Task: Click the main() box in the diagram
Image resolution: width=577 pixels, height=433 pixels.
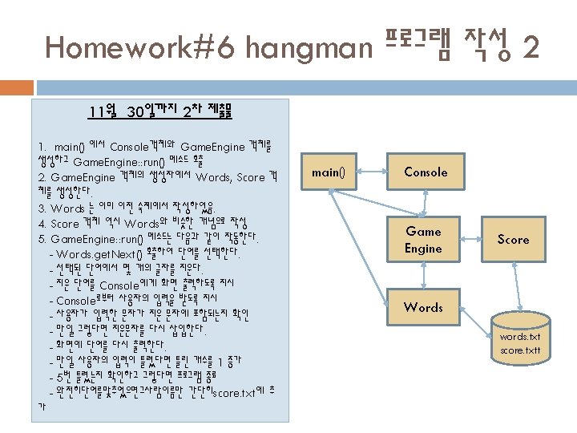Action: point(328,172)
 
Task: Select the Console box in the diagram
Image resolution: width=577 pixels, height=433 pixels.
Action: point(425,172)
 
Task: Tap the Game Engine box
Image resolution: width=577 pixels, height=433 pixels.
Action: point(423,240)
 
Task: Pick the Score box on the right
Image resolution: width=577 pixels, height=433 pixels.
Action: point(513,240)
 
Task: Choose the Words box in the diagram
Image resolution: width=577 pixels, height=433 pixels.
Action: point(423,307)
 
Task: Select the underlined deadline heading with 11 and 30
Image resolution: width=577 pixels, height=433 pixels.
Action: point(159,111)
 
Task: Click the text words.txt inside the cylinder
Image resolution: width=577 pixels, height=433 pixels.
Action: point(520,337)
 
